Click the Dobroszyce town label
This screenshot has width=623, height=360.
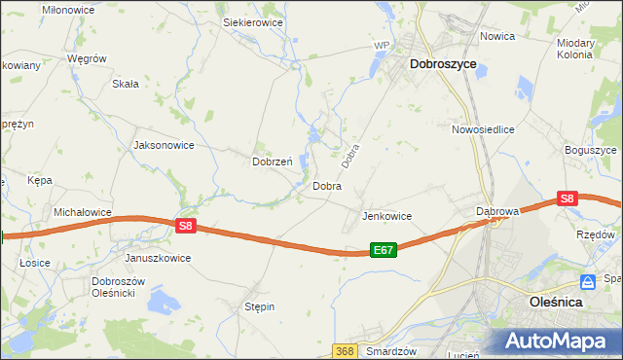coord(443,63)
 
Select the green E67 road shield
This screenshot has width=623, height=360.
coord(384,251)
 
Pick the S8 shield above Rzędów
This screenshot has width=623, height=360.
coord(568,199)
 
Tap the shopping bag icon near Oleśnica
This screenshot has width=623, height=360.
coord(588,282)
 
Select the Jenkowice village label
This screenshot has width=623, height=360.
coord(386,216)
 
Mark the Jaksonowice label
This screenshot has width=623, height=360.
coord(164,145)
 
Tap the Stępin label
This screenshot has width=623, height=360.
coord(259,306)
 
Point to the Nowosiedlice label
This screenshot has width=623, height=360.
coord(483,129)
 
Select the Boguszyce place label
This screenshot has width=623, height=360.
coord(591,151)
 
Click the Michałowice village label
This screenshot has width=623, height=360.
coord(83,212)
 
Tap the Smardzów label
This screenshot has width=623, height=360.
coord(392,351)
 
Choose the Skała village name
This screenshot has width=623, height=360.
coord(126,84)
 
